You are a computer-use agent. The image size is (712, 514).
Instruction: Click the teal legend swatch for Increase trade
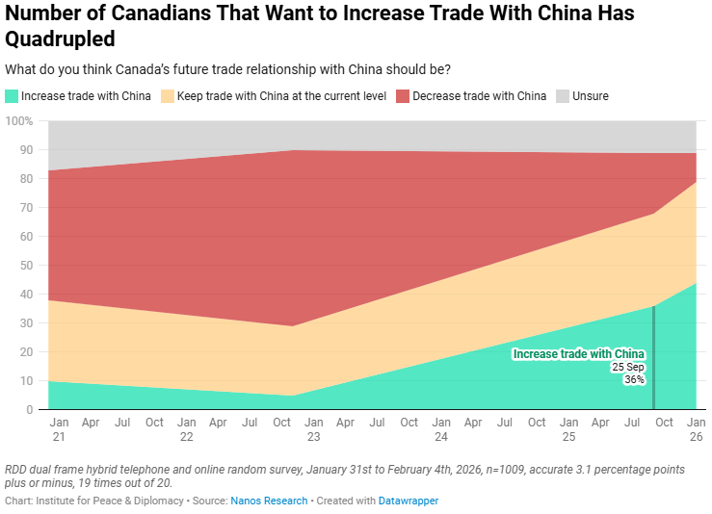pyautogui.click(x=12, y=96)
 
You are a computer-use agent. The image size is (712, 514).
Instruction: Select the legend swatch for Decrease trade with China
pyautogui.click(x=403, y=96)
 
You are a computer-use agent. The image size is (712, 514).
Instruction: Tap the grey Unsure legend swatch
pyautogui.click(x=563, y=96)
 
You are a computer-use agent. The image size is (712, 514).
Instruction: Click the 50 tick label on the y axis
pyautogui.click(x=26, y=266)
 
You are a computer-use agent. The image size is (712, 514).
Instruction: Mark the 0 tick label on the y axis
pyautogui.click(x=30, y=410)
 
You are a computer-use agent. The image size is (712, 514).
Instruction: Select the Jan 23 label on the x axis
pyautogui.click(x=314, y=429)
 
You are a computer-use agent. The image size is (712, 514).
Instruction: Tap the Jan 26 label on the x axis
pyautogui.click(x=697, y=429)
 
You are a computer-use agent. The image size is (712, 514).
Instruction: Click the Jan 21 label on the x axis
pyautogui.click(x=59, y=429)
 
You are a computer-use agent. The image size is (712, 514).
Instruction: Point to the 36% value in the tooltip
pyautogui.click(x=634, y=380)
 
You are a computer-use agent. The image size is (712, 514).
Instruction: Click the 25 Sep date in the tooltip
pyautogui.click(x=628, y=367)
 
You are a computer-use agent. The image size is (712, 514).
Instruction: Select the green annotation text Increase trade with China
pyautogui.click(x=578, y=354)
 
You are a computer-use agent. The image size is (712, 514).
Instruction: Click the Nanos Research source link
pyautogui.click(x=269, y=501)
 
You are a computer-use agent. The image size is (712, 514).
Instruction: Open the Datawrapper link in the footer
pyautogui.click(x=409, y=501)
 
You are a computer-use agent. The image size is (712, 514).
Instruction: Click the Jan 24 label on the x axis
pyautogui.click(x=441, y=429)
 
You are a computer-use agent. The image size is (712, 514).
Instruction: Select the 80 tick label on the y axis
pyautogui.click(x=26, y=179)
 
